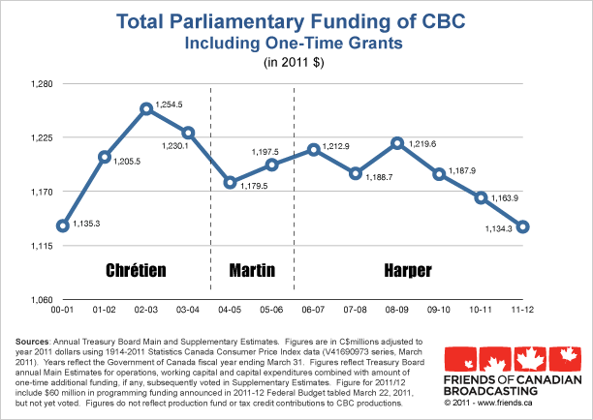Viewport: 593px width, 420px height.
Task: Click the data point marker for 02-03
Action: click(x=146, y=108)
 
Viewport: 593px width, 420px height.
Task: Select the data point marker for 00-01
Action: click(x=62, y=225)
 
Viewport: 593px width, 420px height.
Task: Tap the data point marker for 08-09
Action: click(x=397, y=143)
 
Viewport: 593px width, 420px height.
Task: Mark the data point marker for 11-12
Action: click(x=523, y=226)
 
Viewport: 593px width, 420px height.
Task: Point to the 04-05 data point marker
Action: click(x=230, y=182)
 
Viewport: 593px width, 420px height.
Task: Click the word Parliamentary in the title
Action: click(x=267, y=21)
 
